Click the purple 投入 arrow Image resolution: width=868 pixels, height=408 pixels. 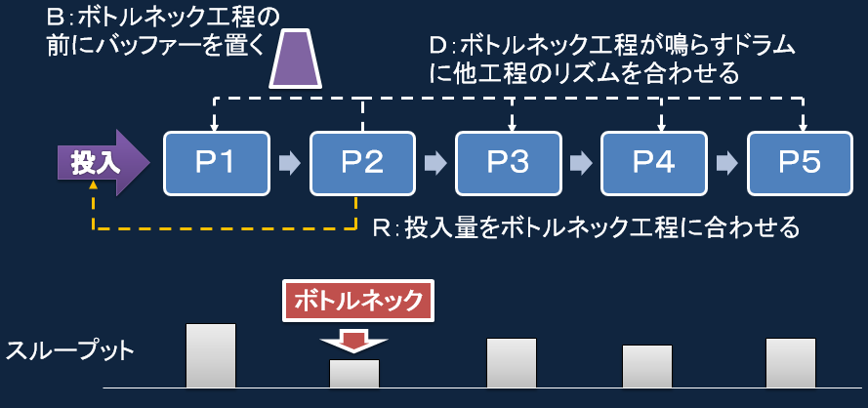click(101, 160)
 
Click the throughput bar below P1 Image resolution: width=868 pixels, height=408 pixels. click(211, 355)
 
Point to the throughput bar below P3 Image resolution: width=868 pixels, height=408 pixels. click(511, 363)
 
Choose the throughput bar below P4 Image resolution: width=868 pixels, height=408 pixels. click(647, 366)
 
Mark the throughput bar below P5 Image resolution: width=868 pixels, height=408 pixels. click(791, 363)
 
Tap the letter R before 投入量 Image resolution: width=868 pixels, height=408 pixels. click(381, 228)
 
